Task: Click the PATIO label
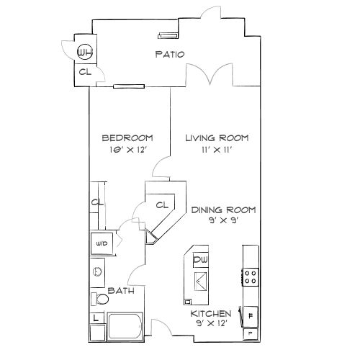[x=171, y=54]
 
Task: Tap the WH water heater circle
[x=85, y=52]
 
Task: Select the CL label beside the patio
[x=84, y=72]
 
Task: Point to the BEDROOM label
[x=127, y=138]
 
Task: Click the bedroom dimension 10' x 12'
[x=127, y=150]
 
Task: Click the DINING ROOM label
[x=224, y=210]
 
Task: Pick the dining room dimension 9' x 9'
[x=224, y=222]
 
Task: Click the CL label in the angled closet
[x=162, y=205]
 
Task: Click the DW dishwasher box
[x=201, y=259]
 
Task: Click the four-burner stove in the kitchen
[x=251, y=277]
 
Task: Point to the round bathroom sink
[x=97, y=272]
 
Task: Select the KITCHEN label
[x=210, y=314]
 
